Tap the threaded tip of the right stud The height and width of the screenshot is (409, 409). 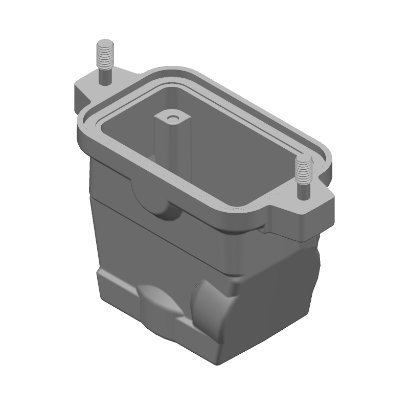point(304,168)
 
